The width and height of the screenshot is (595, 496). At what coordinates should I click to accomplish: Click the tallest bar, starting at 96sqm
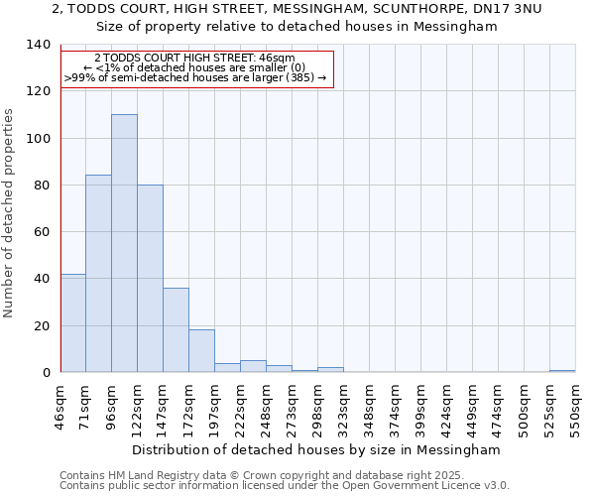coord(124,243)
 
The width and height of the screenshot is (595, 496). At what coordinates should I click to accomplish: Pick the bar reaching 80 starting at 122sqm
coord(150,278)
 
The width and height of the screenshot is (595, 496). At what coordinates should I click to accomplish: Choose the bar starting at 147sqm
coord(176,329)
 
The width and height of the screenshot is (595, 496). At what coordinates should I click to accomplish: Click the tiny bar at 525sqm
coord(562,371)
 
